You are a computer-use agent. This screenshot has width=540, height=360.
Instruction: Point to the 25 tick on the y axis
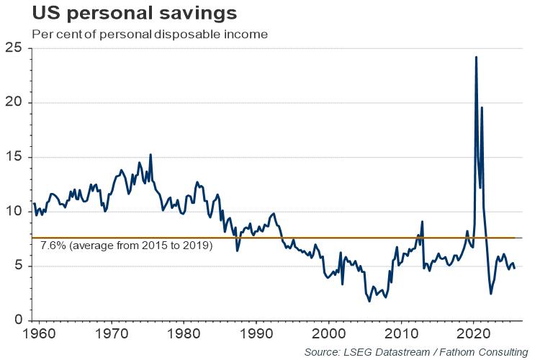14,48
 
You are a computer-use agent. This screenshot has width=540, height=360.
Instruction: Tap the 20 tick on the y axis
14,103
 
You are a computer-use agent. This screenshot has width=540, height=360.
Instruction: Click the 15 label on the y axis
14,158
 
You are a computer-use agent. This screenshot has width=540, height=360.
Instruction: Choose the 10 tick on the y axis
14,212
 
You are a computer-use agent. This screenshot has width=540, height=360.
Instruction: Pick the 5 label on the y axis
17,266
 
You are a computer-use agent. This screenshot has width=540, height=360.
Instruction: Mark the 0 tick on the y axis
17,320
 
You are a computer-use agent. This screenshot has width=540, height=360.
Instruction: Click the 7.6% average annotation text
126,246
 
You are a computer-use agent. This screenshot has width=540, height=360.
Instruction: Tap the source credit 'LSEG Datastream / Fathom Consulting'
415,352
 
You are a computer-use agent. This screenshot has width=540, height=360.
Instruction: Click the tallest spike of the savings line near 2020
476,57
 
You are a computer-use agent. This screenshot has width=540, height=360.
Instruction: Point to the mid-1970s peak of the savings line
150,155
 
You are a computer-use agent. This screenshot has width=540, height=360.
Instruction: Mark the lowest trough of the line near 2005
369,301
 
